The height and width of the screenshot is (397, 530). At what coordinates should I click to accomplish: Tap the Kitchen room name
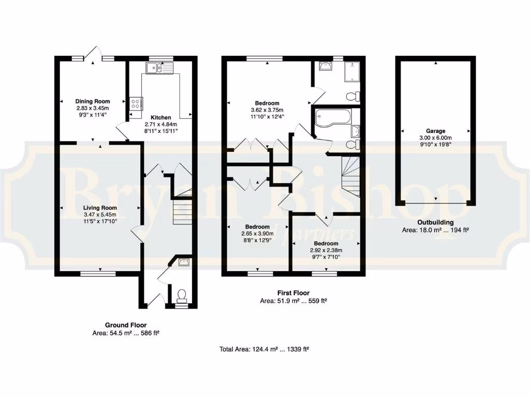click(x=160, y=117)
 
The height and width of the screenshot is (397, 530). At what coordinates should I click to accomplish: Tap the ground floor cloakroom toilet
click(x=182, y=296)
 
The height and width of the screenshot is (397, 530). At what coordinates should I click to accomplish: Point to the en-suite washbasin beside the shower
click(x=325, y=67)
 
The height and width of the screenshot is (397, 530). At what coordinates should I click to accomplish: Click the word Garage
click(x=436, y=131)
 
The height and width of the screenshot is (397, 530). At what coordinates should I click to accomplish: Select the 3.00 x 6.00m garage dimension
click(x=436, y=138)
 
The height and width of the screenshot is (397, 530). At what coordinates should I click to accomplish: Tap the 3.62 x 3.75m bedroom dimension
click(x=267, y=110)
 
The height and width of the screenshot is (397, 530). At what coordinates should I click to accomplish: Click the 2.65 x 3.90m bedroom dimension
click(x=257, y=234)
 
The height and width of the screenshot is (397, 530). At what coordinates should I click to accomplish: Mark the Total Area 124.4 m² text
click(x=264, y=349)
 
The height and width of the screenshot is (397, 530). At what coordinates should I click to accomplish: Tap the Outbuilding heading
click(x=435, y=223)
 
